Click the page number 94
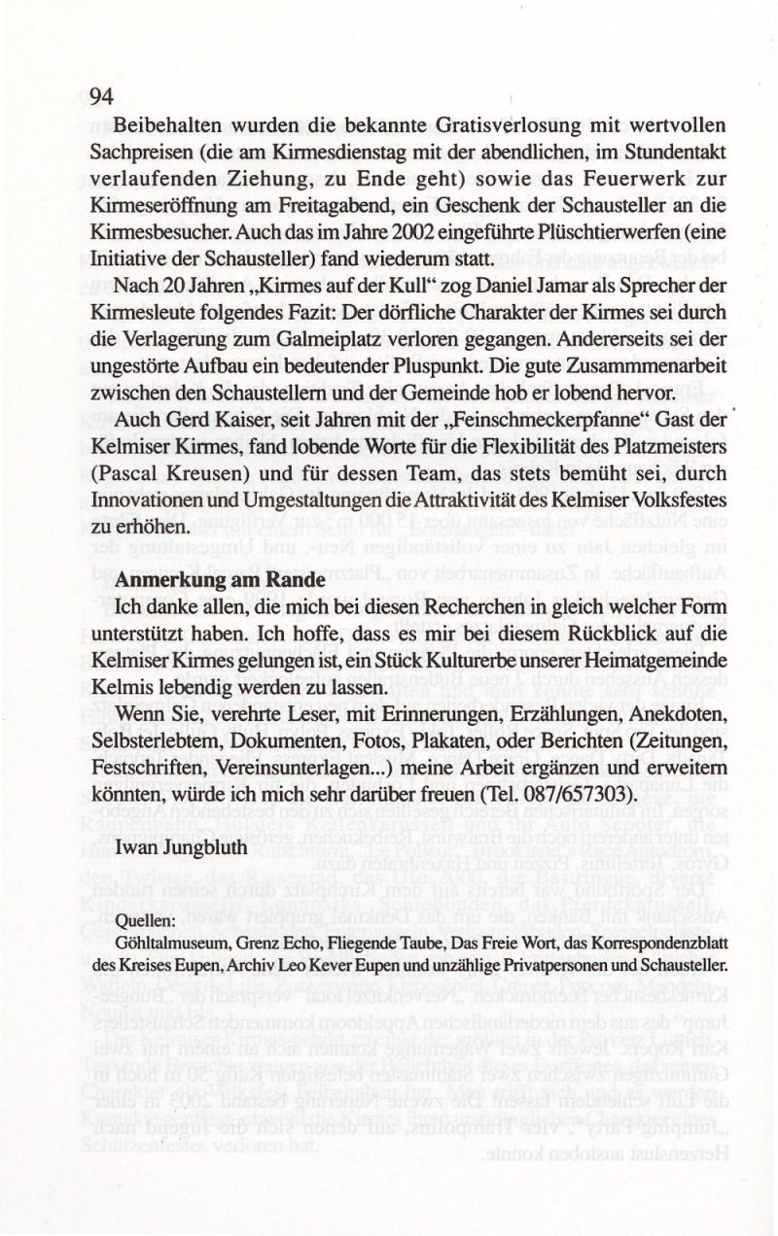102,96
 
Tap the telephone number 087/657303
574,792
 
